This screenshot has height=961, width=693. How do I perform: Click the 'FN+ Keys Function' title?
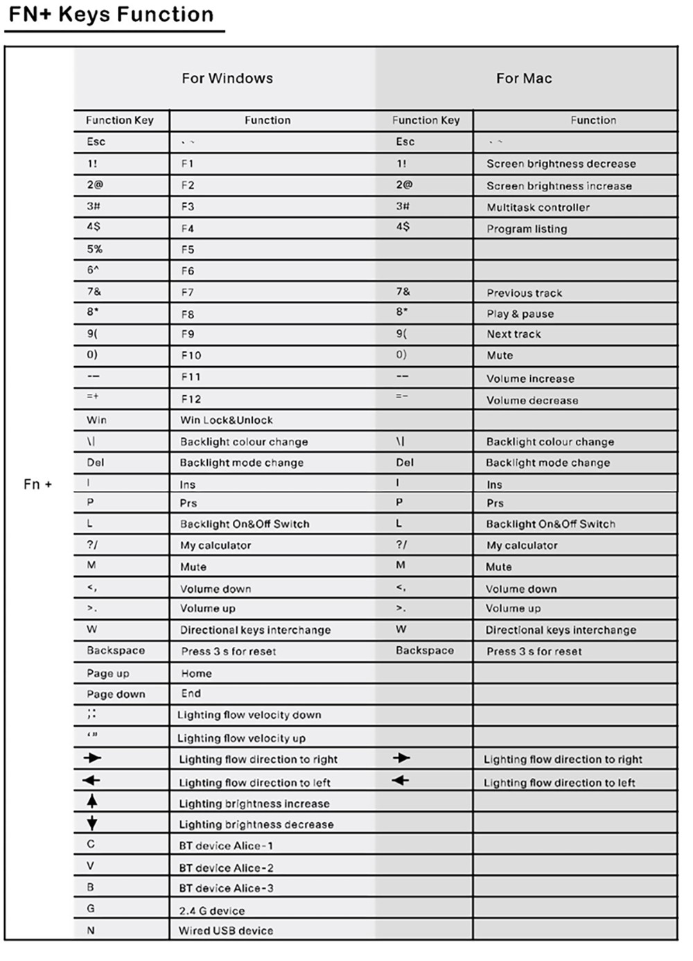(111, 15)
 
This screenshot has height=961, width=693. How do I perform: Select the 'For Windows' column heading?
(227, 78)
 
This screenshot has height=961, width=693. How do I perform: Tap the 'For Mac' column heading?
(524, 78)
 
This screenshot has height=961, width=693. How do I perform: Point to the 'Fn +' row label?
(38, 484)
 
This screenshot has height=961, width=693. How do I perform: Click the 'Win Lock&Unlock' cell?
(226, 420)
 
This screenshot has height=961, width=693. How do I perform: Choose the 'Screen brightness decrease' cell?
(561, 164)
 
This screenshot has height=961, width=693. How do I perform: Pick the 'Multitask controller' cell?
(538, 207)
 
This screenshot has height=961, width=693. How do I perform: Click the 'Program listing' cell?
(527, 229)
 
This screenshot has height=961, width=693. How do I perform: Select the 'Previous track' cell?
(524, 293)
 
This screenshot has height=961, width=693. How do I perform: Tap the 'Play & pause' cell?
(520, 314)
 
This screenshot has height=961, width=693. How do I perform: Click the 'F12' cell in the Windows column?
(191, 399)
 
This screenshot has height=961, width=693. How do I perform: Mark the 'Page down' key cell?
(116, 694)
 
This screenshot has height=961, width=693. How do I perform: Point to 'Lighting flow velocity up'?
(241, 738)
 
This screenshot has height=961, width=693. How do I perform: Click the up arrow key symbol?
(92, 802)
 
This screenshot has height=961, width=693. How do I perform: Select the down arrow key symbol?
(92, 824)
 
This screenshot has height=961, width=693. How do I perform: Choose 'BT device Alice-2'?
(226, 868)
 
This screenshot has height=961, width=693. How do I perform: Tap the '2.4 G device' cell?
(211, 911)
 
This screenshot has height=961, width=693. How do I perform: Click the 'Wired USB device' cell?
(226, 931)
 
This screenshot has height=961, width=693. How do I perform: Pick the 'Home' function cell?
(196, 673)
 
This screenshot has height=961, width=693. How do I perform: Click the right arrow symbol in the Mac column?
(401, 758)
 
